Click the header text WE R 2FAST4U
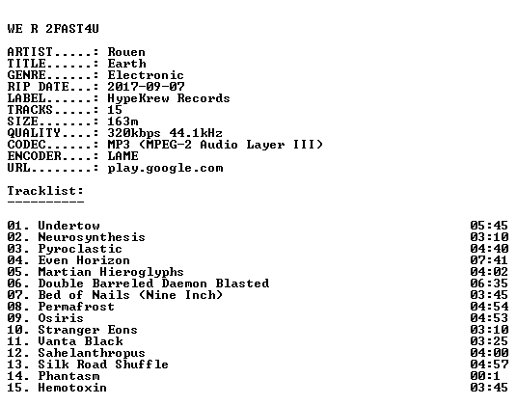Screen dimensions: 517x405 [53, 29]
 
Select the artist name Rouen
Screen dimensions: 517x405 [126, 52]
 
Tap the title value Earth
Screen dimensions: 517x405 [126, 64]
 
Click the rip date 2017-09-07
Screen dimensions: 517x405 [146, 87]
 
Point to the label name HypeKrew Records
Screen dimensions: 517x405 [169, 98]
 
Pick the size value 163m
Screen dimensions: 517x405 [122, 121]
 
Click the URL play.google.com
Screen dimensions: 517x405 [165, 169]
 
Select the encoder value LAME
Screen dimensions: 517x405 [122, 156]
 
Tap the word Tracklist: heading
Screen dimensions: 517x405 [45, 191]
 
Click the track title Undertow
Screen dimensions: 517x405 [68, 226]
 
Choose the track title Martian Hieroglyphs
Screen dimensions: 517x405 [111, 272]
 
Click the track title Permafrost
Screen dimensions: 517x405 [76, 307]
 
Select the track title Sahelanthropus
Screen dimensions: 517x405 [92, 353]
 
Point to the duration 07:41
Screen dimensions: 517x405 [489, 260]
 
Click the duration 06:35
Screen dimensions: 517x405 [489, 283]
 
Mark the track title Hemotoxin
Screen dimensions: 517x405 [72, 388]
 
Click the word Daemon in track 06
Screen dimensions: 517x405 [184, 283]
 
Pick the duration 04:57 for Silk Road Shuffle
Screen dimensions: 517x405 [489, 364]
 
